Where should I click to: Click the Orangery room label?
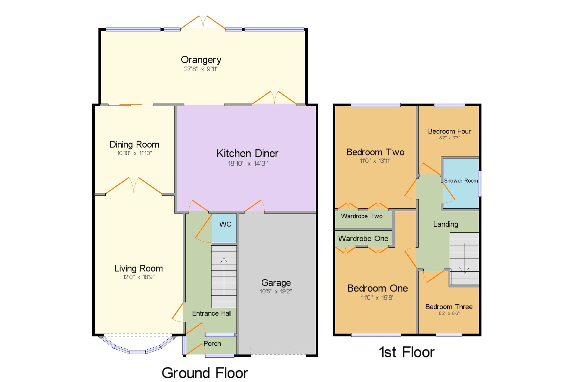201,60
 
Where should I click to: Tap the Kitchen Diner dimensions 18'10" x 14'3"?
248,163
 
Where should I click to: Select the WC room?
224,228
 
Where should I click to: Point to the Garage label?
276,283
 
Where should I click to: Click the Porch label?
212,343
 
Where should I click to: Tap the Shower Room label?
461,181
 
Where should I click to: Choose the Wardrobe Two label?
362,216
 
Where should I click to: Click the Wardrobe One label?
363,238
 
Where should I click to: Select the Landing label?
445,224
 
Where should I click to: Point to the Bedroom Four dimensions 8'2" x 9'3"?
449,138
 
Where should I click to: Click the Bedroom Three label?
449,307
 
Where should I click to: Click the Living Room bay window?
138,345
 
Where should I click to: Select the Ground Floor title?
205,373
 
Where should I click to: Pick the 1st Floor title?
407,352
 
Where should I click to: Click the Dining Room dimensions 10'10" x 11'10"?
134,153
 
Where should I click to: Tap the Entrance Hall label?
212,313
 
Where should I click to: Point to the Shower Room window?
480,183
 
